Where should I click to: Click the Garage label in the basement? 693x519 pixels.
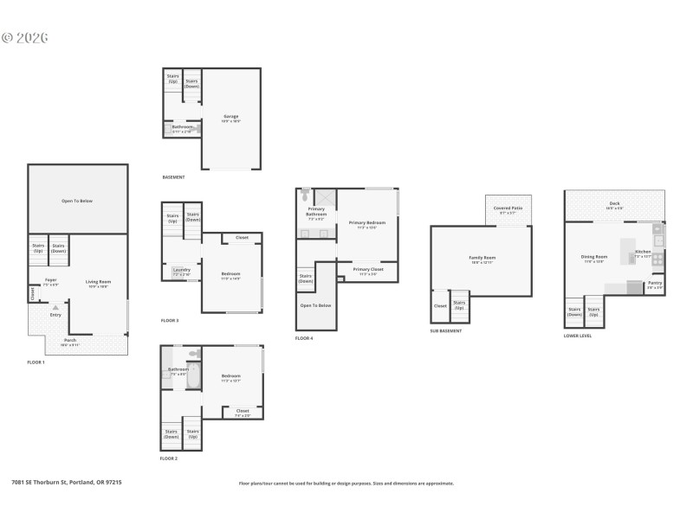(x=231, y=116)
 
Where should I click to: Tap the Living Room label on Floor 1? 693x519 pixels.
(x=97, y=281)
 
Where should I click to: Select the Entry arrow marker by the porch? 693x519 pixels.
(x=55, y=305)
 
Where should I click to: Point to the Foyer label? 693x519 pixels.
(x=51, y=280)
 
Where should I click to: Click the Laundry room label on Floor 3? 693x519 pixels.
(x=181, y=269)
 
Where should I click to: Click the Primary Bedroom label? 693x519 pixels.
(x=367, y=223)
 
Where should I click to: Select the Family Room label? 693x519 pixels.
(x=483, y=258)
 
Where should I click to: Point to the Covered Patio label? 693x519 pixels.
(x=508, y=208)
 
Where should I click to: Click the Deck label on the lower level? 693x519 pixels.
(x=614, y=203)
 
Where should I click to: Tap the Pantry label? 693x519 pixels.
(x=655, y=282)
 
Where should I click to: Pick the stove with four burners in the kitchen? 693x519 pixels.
(x=657, y=258)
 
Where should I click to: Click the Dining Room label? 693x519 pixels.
(x=594, y=257)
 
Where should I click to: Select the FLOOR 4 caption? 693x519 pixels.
(x=304, y=338)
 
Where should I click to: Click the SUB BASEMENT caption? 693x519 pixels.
(x=446, y=330)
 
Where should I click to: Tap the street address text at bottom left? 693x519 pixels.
(x=66, y=482)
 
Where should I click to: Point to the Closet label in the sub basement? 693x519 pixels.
(x=440, y=304)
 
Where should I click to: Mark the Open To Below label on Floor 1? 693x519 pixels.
(x=76, y=201)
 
